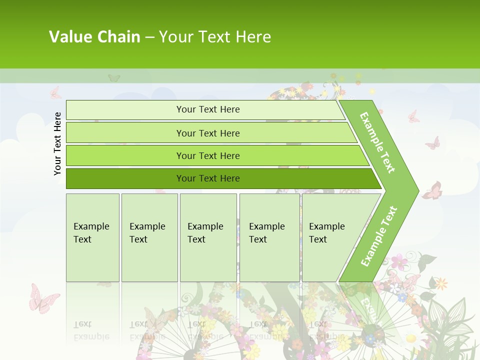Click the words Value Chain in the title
pos(94,36)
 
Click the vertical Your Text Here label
pos(58,143)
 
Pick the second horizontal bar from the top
pos(208,133)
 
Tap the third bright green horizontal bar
pos(208,155)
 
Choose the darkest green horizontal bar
pos(208,178)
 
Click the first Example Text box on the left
pos(92,237)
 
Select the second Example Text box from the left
pos(149,237)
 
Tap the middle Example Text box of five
pos(208,237)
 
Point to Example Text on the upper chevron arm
pos(377,142)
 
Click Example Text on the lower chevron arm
pos(379,236)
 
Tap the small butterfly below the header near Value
pos(114,78)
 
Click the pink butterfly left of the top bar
pos(55,93)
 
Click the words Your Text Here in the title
pos(215,36)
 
